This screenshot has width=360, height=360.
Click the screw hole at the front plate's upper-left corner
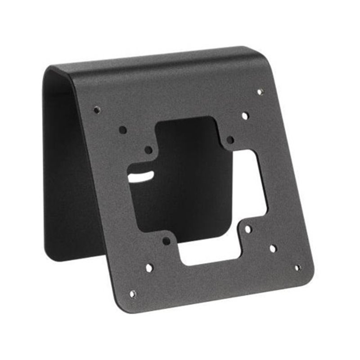tap(96, 109)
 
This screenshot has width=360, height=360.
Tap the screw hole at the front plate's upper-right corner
tap(260, 92)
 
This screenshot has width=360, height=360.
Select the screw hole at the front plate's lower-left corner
tap(133, 294)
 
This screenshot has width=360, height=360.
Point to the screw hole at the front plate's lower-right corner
tap(297, 267)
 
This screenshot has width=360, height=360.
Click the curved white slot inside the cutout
tap(140, 176)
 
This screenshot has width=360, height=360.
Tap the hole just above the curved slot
tap(148, 149)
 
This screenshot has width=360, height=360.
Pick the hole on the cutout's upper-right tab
tap(230, 140)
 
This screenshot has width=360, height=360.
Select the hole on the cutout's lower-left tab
tap(166, 241)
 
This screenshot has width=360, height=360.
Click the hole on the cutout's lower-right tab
tap(247, 229)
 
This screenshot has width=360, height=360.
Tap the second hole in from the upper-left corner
tap(122, 130)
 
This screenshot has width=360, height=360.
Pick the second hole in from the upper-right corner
tap(245, 116)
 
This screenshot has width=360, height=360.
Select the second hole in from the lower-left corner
tap(149, 268)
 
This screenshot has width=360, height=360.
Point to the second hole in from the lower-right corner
tap(273, 248)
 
